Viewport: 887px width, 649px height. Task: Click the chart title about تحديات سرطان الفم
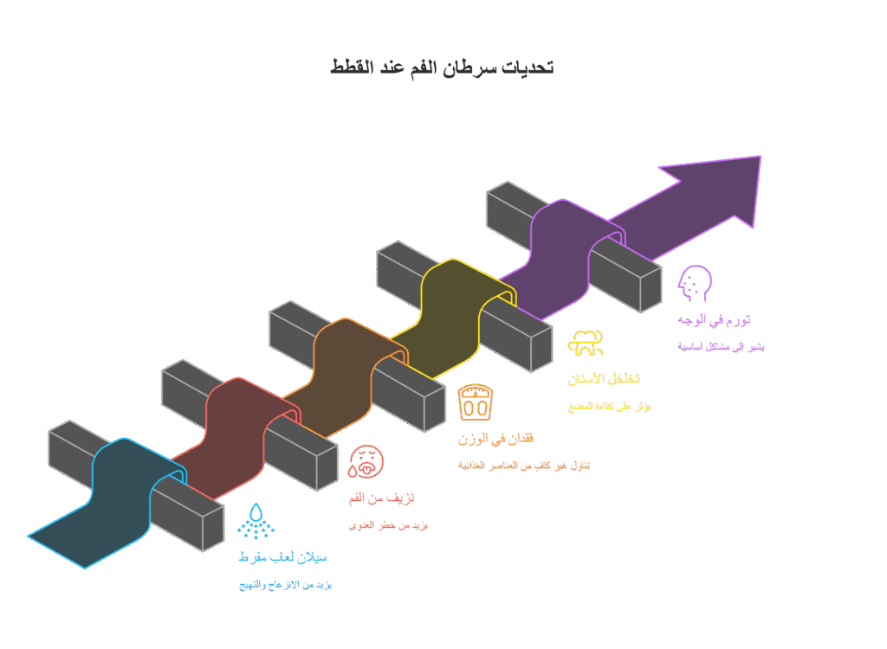tap(442, 67)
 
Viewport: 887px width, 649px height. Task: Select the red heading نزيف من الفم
tap(381, 498)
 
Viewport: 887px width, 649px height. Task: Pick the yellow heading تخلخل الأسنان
tap(604, 379)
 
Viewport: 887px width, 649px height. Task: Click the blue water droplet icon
tap(255, 520)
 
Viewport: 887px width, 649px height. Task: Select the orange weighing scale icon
tap(476, 402)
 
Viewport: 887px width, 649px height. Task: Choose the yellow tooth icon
tap(586, 343)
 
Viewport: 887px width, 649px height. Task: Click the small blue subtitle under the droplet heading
tap(285, 585)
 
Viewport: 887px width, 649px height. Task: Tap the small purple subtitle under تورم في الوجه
tap(721, 347)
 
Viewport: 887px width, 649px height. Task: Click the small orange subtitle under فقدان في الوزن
tap(524, 466)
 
